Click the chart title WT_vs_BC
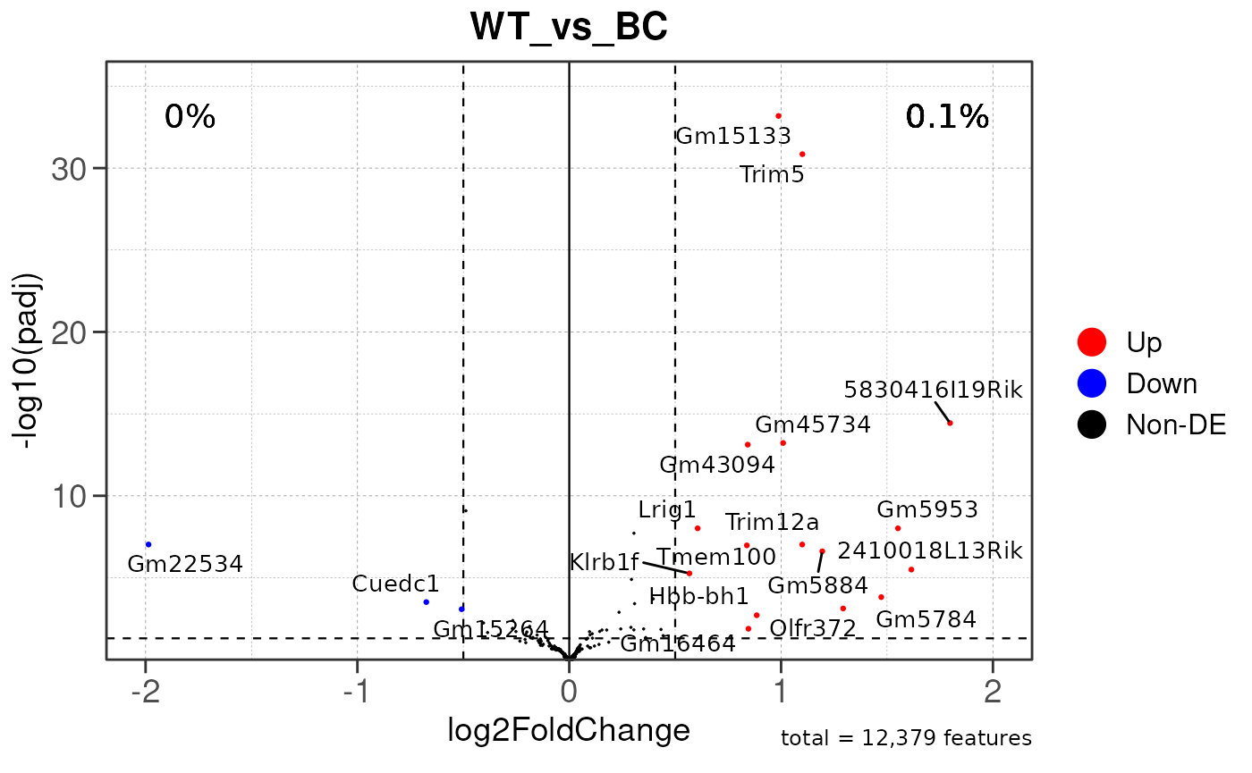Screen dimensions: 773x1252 click(569, 28)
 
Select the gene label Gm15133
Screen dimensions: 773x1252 click(733, 137)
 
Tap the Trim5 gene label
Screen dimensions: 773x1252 click(772, 175)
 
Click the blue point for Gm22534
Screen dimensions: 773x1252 click(148, 544)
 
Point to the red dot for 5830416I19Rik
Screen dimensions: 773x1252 click(950, 423)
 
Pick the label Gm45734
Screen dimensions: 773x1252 click(812, 424)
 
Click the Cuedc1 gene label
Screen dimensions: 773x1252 click(395, 584)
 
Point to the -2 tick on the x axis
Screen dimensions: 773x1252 click(144, 691)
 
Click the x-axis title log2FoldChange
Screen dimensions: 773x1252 click(569, 730)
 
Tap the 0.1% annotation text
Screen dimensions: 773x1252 click(947, 117)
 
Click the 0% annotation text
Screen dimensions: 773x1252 click(190, 117)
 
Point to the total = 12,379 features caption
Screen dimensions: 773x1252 click(906, 738)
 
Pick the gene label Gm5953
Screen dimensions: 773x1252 click(927, 510)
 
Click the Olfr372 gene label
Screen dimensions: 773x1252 click(813, 628)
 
